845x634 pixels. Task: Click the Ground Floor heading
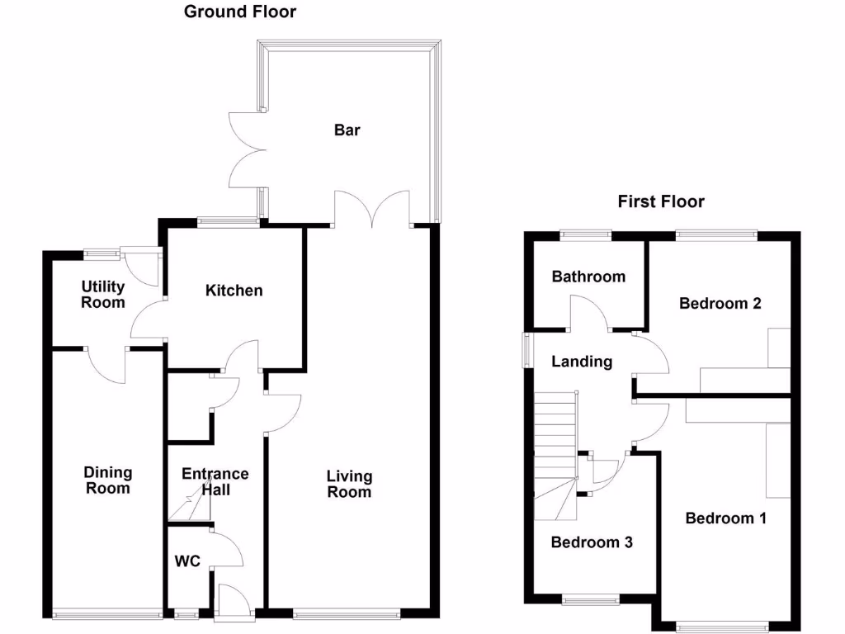tap(240, 12)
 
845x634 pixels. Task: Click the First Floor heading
tap(661, 201)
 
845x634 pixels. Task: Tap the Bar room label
tap(347, 130)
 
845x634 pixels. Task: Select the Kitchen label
tap(234, 290)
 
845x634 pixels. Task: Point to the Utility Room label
tap(103, 294)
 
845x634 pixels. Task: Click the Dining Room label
tap(108, 480)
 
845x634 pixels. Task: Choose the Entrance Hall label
tap(215, 481)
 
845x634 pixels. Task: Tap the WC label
tap(187, 561)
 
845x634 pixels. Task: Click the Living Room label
tap(349, 484)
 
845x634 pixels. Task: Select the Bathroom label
tap(588, 277)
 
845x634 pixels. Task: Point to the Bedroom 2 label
tap(720, 303)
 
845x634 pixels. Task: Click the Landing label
tap(582, 361)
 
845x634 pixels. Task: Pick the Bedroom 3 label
tap(592, 542)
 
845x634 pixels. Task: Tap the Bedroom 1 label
tap(726, 518)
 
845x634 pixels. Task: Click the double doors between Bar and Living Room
tap(372, 209)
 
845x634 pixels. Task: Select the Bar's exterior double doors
tap(245, 149)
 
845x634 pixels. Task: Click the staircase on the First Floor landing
tap(555, 454)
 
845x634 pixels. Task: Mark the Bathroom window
tap(587, 235)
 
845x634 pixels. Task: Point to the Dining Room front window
tap(107, 613)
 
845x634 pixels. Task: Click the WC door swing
tap(228, 551)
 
